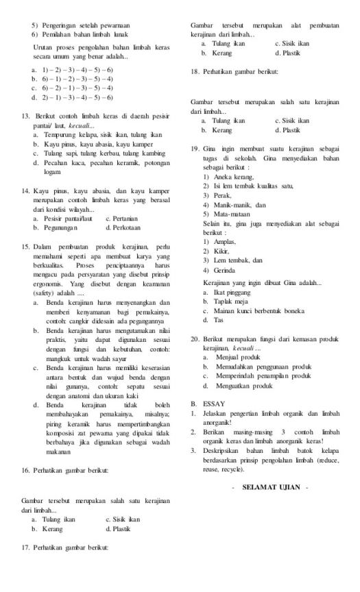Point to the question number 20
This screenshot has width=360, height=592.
coord(195,338)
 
